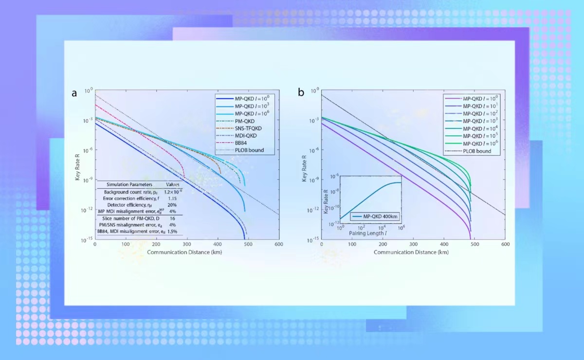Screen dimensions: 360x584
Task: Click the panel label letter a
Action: coord(74,93)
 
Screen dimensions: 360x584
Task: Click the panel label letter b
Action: coord(301,92)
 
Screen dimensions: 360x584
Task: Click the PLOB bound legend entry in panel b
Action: coord(476,151)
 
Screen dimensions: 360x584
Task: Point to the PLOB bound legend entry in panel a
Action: coord(249,150)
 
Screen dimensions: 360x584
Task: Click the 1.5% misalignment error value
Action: coord(173,232)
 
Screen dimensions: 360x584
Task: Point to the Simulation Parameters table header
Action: coord(129,185)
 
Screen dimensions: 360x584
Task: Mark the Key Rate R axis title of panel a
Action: coord(77,165)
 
